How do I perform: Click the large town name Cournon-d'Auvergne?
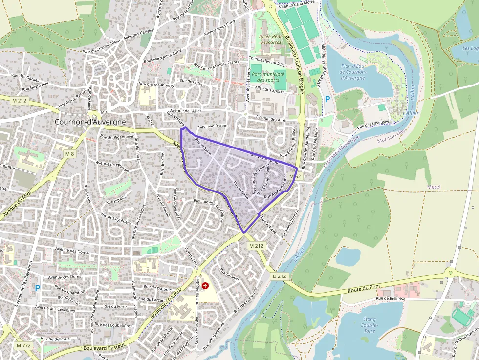pyautogui.click(x=90, y=122)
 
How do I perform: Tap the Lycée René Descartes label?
pyautogui.click(x=270, y=39)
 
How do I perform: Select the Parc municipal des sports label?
pyautogui.click(x=268, y=77)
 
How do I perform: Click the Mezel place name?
pyautogui.click(x=434, y=187)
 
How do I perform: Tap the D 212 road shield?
pyautogui.click(x=279, y=276)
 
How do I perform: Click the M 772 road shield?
pyautogui.click(x=23, y=345)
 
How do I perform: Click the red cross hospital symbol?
pyautogui.click(x=205, y=283)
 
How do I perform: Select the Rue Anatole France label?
pyautogui.click(x=274, y=192)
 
